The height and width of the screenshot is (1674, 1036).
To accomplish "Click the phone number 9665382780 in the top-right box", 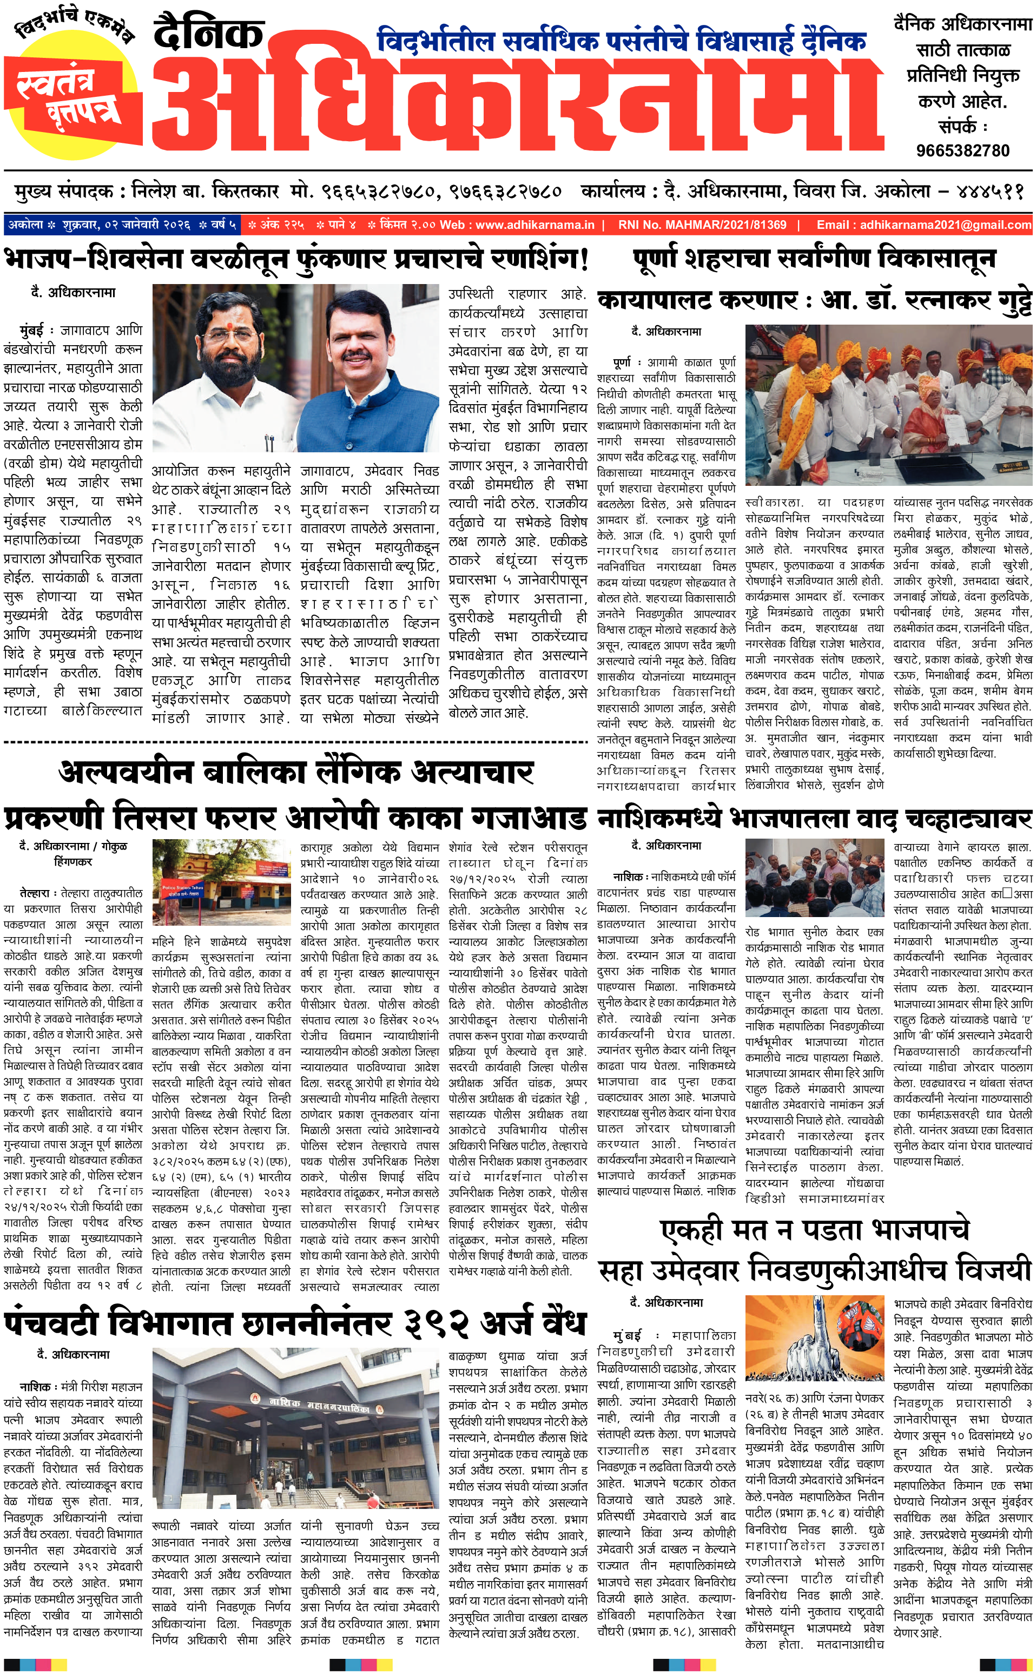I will pyautogui.click(x=962, y=150).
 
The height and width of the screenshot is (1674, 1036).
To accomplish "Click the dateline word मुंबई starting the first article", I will pyautogui.click(x=32, y=330).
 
